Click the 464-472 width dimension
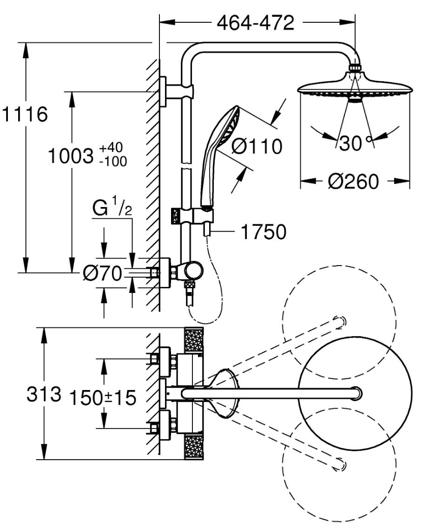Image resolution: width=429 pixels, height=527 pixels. coord(255,23)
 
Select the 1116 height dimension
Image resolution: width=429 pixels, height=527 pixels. coord(25,114)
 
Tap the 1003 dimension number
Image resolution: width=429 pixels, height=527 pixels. coord(70,156)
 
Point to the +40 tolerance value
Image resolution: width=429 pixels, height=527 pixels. coord(111,148)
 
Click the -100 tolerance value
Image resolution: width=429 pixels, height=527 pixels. coord(113,162)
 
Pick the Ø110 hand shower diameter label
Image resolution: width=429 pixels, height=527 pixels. coord(257,147)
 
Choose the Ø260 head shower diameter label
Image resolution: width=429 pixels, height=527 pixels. coord(353,182)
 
